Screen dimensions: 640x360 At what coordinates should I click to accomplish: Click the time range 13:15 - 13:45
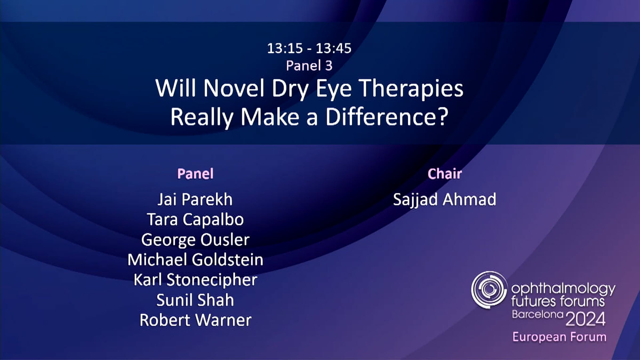pos(309,49)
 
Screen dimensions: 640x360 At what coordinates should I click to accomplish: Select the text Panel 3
pos(309,66)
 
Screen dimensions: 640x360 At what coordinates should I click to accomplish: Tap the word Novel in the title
pos(234,88)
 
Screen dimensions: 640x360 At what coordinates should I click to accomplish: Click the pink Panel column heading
pos(195,174)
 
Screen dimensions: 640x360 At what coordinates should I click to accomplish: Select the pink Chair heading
pos(445,174)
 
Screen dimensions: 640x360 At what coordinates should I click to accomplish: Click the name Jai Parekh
pos(195,199)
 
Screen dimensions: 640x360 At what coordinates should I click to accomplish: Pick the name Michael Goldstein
pos(195,260)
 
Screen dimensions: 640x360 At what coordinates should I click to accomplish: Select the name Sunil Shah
pos(195,300)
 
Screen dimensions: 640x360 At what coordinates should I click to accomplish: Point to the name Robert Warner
pos(195,320)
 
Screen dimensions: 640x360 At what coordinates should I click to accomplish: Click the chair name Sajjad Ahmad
pos(445,200)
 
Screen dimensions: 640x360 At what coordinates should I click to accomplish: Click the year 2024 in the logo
pos(585,319)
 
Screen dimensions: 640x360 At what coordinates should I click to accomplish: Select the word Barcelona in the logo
pos(537,315)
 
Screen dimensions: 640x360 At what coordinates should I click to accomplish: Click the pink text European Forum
pos(559,337)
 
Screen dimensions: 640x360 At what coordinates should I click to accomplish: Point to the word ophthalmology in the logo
pos(563,289)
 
